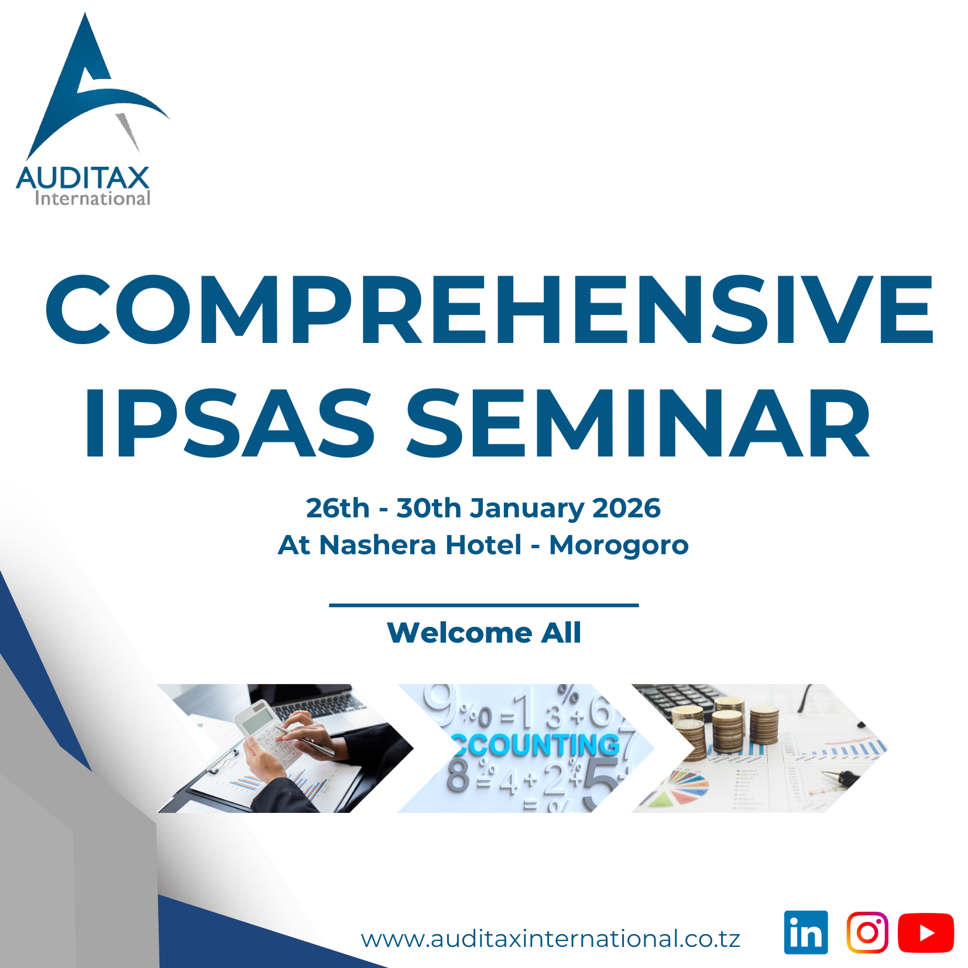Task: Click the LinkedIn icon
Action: (806, 932)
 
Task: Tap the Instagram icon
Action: (867, 932)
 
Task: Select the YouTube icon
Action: (926, 932)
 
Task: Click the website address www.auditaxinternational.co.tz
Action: (551, 939)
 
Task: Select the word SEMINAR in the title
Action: (638, 423)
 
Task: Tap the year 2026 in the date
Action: (626, 508)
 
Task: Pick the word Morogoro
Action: (619, 545)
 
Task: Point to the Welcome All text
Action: (484, 633)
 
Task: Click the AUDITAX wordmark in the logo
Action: (83, 178)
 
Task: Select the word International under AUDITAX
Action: (92, 199)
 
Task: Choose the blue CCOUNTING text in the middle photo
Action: (536, 745)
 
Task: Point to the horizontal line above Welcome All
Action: (483, 605)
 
